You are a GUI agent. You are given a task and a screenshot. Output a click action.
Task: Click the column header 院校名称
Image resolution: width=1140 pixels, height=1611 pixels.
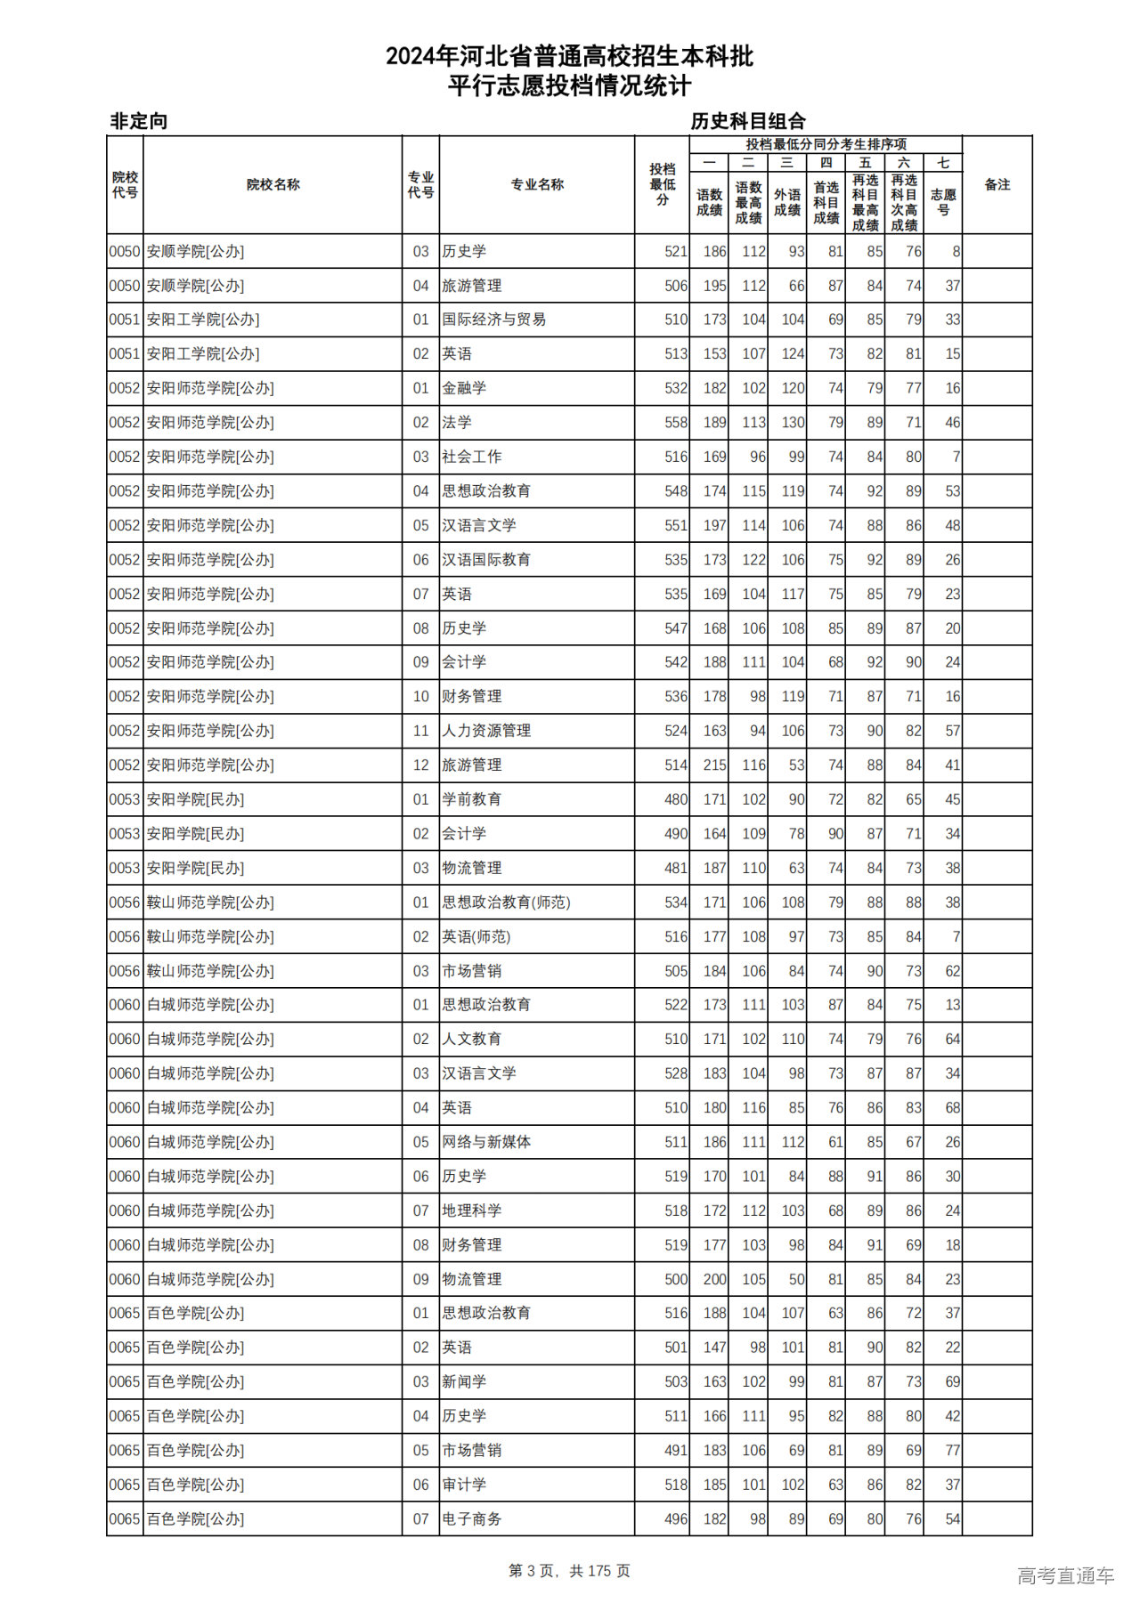[273, 184]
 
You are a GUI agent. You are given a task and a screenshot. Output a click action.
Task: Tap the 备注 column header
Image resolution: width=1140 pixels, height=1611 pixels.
[997, 184]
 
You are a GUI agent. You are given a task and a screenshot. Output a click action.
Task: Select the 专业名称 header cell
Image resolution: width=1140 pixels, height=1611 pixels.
[537, 184]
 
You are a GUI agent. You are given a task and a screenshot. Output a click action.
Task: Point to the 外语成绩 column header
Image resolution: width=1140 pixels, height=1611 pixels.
[787, 202]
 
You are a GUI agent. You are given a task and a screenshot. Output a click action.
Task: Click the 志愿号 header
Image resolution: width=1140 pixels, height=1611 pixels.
[943, 202]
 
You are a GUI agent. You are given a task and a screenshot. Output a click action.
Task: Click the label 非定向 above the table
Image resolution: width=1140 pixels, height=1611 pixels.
[139, 121]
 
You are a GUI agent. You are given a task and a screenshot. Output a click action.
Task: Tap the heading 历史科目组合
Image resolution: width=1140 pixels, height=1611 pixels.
[748, 121]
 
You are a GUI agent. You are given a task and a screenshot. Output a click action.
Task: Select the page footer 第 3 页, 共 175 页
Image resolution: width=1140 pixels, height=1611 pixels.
[569, 1571]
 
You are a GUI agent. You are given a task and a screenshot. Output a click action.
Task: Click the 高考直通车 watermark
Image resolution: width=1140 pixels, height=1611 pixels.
[1065, 1575]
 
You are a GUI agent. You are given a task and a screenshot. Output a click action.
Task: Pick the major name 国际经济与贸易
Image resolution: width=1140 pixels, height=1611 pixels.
[494, 320]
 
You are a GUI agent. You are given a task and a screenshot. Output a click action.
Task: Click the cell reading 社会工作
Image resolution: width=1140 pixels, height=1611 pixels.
[472, 457]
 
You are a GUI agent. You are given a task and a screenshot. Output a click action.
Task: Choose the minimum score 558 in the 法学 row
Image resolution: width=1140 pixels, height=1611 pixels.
[676, 423]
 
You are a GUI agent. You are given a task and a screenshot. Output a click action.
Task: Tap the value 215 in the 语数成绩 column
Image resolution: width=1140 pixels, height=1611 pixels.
[714, 765]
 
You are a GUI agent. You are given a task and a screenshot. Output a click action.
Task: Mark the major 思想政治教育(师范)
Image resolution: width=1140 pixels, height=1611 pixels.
[506, 903]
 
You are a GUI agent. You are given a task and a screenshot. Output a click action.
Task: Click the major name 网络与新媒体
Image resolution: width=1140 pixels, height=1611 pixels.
[486, 1142]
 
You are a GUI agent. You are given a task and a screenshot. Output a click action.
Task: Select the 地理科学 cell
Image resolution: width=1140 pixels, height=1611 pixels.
[472, 1210]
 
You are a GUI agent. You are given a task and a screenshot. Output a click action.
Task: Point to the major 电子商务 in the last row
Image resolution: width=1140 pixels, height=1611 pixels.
[472, 1519]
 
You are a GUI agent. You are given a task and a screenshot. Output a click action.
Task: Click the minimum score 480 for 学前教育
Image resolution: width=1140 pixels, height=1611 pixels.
[676, 799]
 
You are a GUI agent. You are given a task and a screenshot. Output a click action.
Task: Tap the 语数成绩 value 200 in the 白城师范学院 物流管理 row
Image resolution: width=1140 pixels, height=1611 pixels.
[714, 1279]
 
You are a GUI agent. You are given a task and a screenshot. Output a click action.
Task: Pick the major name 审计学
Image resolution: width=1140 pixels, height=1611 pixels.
[464, 1485]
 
